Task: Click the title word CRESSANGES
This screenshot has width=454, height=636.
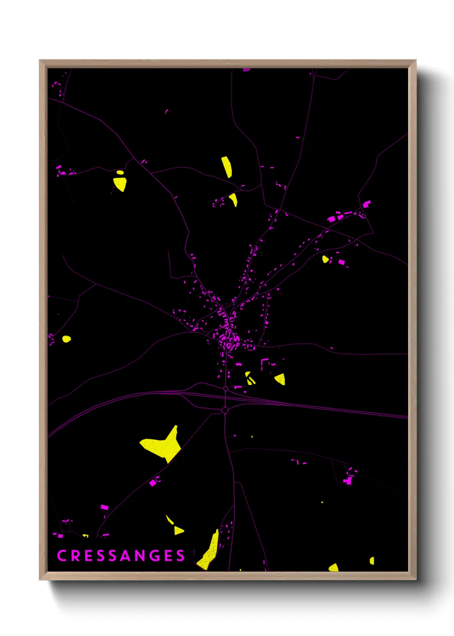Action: coord(121,556)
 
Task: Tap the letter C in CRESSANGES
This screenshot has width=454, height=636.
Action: coord(61,556)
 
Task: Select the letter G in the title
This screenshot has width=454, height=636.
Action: coord(156,556)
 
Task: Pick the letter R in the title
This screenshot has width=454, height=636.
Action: coord(76,556)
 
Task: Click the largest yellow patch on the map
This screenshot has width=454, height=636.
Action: coord(163,445)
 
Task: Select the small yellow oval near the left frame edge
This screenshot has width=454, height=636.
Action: coord(66,339)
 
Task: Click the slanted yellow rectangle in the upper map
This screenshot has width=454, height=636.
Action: coord(227,167)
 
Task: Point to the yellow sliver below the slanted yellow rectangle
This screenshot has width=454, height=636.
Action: coord(234,199)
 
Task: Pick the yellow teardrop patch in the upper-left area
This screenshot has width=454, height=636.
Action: coord(120,184)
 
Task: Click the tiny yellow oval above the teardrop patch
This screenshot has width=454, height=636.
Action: coord(120,172)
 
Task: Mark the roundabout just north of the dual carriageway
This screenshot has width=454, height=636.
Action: coord(226,388)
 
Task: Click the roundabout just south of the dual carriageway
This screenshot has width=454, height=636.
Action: coord(225,411)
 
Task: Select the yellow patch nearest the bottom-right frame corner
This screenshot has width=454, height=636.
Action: coord(372,560)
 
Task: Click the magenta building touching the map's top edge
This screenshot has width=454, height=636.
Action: coord(246,69)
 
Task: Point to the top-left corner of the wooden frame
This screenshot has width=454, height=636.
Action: coord(40,61)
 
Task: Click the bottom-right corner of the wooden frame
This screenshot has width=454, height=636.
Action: coord(415,579)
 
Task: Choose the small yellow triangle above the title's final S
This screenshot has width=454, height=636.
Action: coord(179,531)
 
